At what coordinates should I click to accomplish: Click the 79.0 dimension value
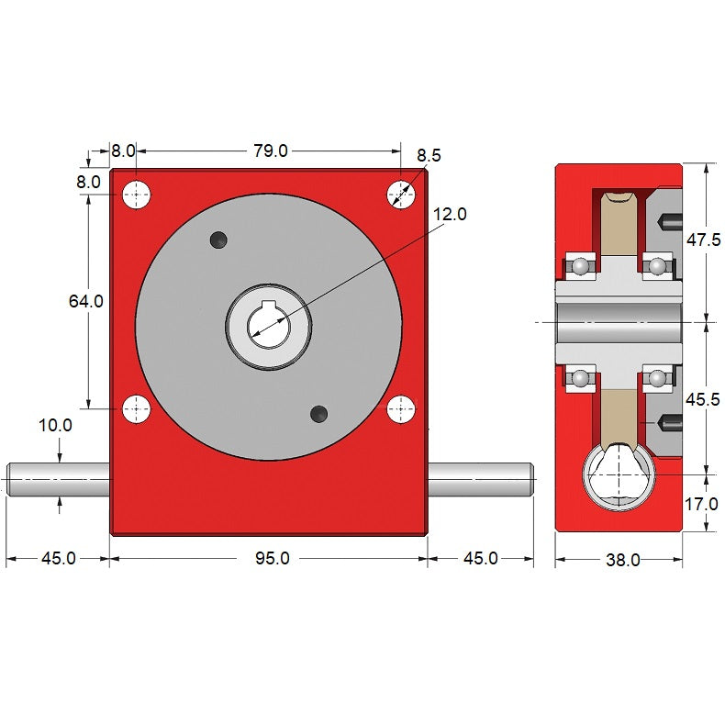pos(271,151)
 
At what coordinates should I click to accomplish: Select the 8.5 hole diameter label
pos(429,155)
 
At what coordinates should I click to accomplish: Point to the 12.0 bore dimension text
pos(450,215)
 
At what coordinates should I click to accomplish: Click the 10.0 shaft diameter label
pos(55,425)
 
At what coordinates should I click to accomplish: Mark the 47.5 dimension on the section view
pos(703,240)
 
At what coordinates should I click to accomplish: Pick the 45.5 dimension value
pos(703,399)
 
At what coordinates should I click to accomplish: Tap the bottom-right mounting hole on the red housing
pos(400,408)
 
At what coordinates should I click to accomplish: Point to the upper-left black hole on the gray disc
pos(217,240)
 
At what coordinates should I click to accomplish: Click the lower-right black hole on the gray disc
pos(319,413)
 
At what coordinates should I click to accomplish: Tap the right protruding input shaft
pos(481,478)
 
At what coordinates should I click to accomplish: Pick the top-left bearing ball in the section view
pos(580,267)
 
